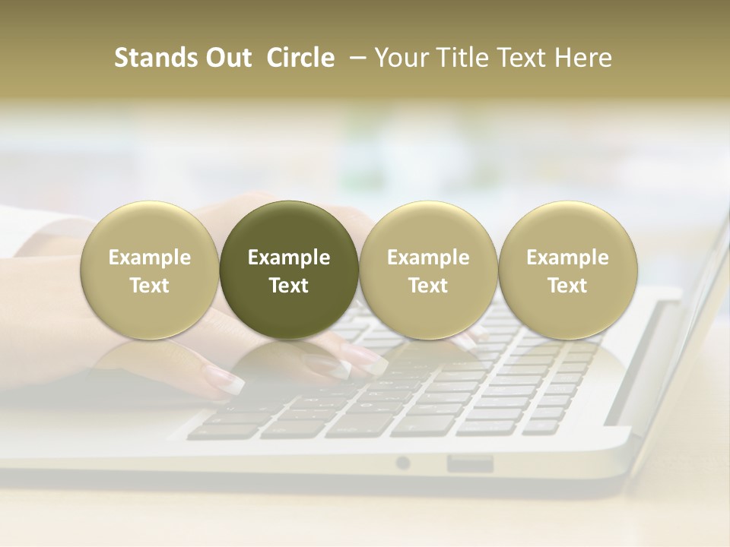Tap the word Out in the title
click(x=227, y=58)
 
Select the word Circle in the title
click(x=300, y=58)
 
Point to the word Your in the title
click(x=401, y=58)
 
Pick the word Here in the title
click(x=584, y=58)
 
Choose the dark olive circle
click(x=289, y=270)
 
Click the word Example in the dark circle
click(x=289, y=258)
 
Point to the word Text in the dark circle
click(x=289, y=286)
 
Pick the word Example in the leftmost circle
click(x=150, y=258)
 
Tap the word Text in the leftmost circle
click(x=150, y=286)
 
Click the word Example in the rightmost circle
click(x=568, y=258)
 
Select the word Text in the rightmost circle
click(x=568, y=286)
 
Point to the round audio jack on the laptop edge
click(x=403, y=463)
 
